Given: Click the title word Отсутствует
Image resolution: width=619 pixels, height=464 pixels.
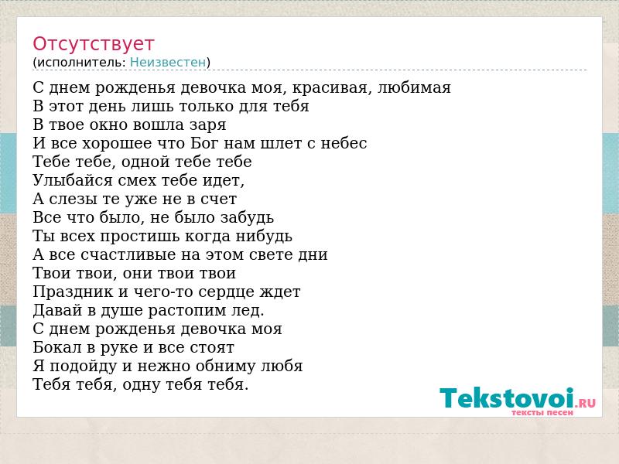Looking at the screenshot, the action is (93, 44).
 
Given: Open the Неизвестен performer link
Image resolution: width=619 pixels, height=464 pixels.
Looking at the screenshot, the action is (168, 63).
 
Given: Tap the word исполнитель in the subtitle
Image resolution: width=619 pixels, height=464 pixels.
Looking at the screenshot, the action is (81, 63).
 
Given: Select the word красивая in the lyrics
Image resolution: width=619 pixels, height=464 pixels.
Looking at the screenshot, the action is (332, 88).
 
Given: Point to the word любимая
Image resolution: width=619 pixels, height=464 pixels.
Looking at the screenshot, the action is (414, 87).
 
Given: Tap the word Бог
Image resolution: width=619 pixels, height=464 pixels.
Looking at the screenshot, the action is (205, 143).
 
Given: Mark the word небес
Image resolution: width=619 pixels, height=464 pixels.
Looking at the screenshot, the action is (344, 143).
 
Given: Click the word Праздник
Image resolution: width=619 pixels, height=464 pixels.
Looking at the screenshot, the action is (73, 292).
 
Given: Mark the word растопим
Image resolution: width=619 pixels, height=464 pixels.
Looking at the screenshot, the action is (184, 311).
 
